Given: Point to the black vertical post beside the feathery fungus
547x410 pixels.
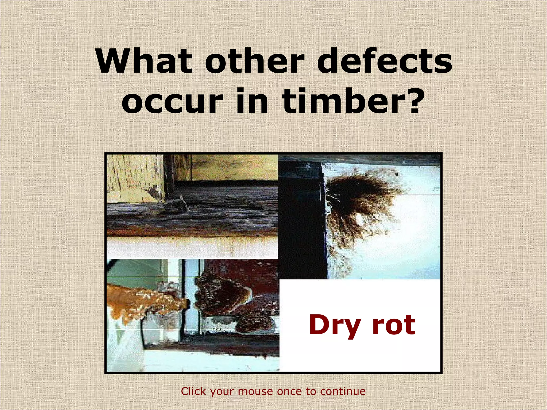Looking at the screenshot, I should click(302, 219).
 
